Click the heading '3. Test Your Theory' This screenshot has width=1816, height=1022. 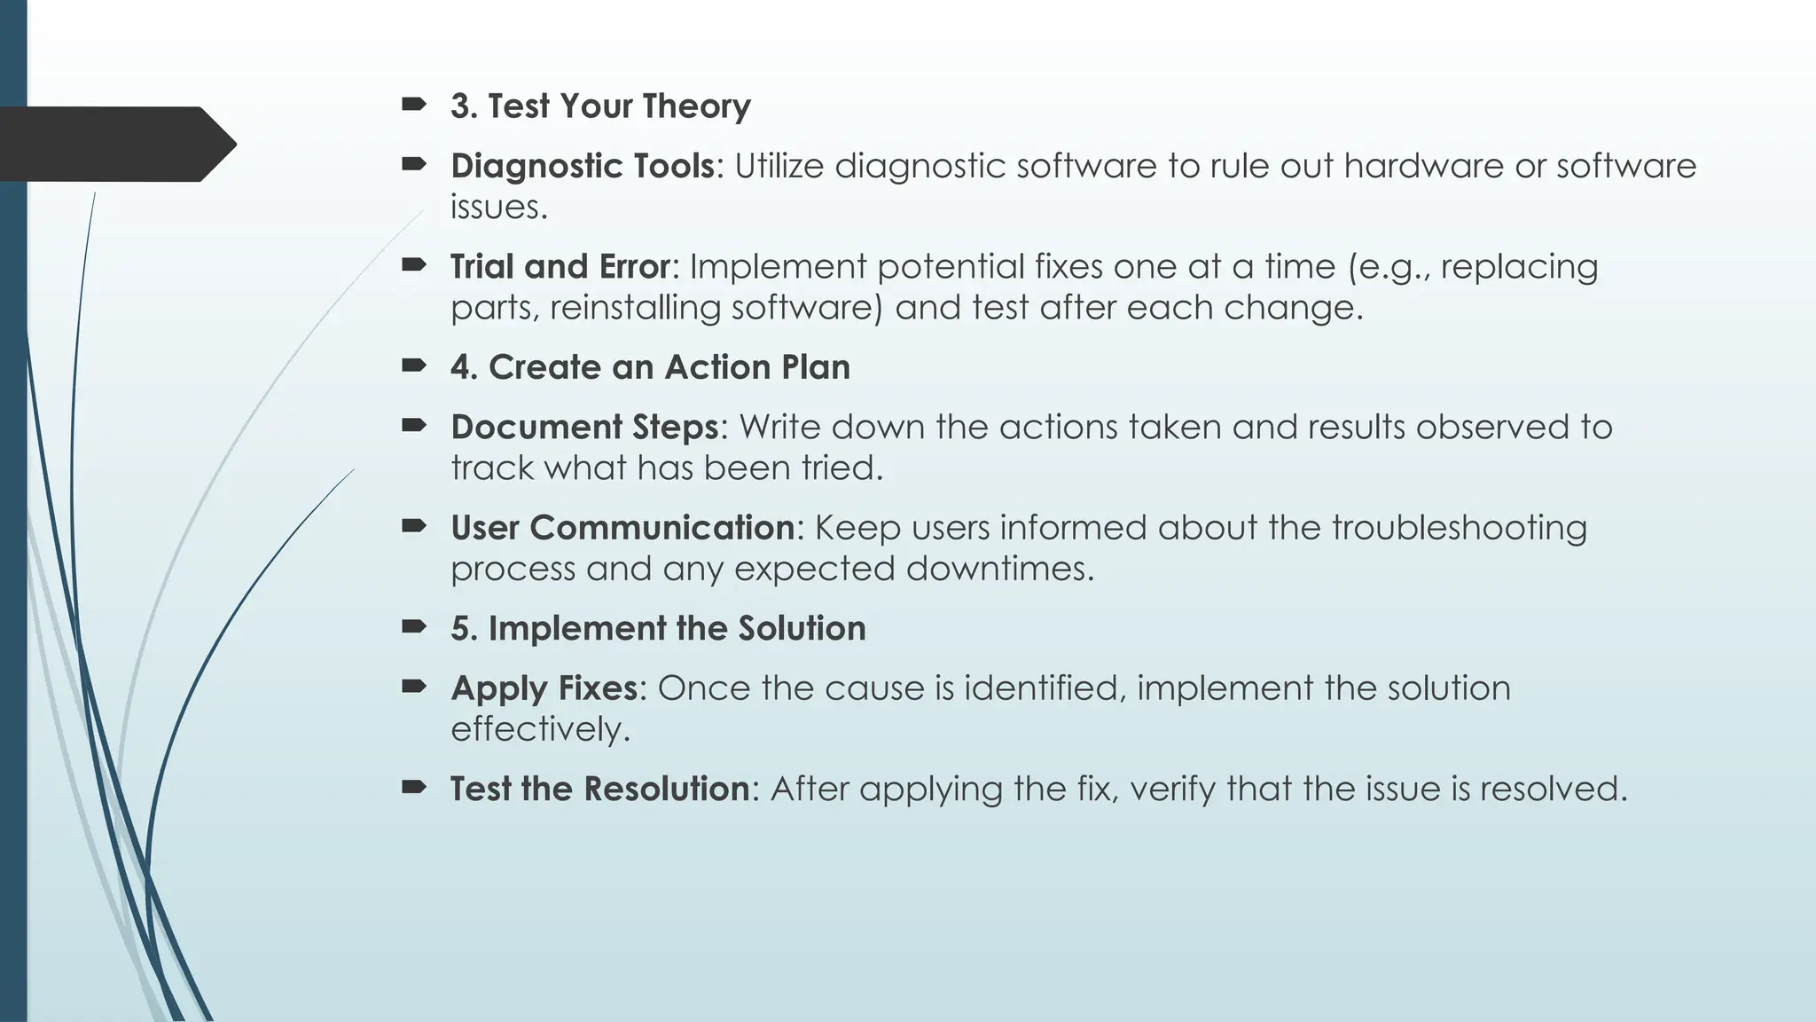tap(600, 106)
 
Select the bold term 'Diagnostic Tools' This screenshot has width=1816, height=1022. tap(582, 166)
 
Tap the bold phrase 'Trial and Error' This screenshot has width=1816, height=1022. tap(560, 266)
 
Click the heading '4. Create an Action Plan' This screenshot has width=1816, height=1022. tap(650, 367)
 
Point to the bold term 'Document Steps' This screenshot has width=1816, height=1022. tap(584, 427)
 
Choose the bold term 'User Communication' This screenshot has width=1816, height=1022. tap(622, 528)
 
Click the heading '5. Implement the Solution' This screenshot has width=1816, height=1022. tap(658, 628)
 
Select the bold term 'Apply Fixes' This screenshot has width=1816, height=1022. tap(544, 688)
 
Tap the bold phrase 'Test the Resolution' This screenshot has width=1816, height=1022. tap(599, 789)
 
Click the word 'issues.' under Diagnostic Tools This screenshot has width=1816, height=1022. tap(499, 208)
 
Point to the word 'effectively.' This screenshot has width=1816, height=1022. tap(540, 729)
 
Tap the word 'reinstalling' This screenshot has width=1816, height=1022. tap(635, 308)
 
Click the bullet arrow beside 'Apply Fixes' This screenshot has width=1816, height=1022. tap(413, 686)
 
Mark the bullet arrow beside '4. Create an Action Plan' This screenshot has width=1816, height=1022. tap(413, 365)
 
